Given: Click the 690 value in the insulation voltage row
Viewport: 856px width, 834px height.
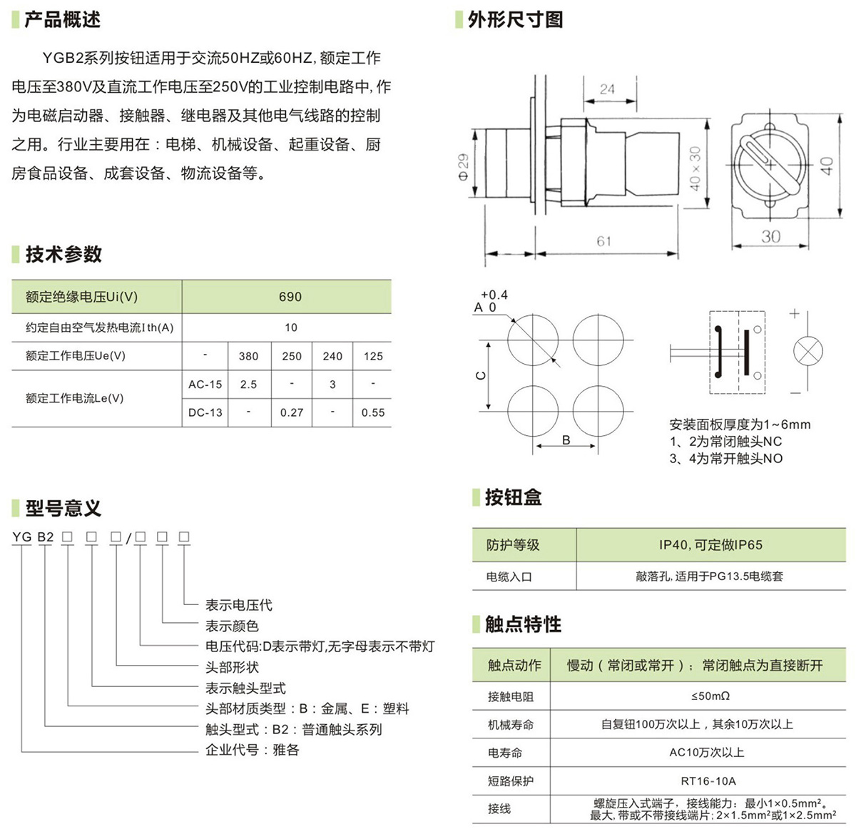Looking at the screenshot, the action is (x=290, y=297).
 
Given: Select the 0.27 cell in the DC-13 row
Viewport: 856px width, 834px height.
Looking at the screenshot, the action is (x=292, y=412).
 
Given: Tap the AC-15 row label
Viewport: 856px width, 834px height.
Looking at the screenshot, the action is (x=205, y=385).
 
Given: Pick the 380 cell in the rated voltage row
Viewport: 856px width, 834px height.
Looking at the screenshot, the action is (x=248, y=356).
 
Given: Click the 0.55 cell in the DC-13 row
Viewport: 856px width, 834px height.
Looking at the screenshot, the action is (x=373, y=412).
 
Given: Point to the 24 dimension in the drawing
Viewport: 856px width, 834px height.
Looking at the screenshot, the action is (x=607, y=89).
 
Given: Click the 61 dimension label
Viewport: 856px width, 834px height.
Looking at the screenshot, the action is (x=604, y=241).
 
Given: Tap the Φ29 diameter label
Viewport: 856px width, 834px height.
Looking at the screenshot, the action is (x=463, y=168).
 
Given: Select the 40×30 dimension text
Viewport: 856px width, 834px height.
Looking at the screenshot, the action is (x=695, y=168).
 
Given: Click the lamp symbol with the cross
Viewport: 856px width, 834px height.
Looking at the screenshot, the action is (x=808, y=351).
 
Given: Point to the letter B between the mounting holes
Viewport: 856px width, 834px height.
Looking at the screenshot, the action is (x=566, y=440).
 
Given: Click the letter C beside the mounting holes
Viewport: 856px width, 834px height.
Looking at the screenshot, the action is (x=481, y=376).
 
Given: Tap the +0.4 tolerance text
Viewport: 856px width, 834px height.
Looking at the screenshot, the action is (x=494, y=294).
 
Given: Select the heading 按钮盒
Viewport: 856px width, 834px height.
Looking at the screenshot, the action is (x=514, y=497).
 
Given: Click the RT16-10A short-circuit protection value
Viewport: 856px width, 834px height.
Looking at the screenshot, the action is (x=708, y=780).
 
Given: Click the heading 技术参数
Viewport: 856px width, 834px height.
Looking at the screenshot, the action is (x=63, y=254).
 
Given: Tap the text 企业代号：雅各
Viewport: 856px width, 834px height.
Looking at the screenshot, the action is (x=253, y=750).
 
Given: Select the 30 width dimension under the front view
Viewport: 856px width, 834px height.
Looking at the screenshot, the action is (x=770, y=237).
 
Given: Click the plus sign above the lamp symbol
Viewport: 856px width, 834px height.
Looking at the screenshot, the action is (x=795, y=314).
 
